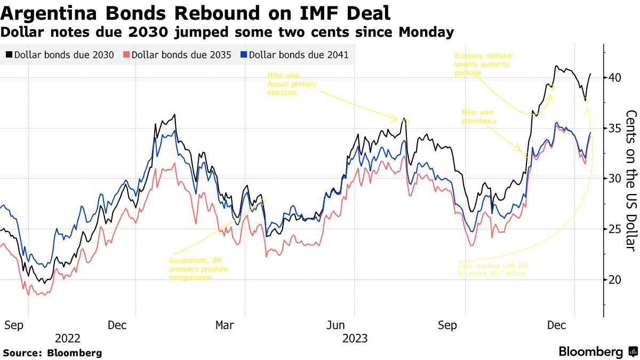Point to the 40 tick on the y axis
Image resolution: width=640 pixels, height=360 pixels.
click(615, 78)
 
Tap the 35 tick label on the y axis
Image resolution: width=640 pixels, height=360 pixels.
click(615, 128)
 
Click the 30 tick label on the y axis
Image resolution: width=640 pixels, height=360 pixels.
click(615, 179)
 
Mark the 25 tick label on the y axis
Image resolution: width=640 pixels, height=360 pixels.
click(615, 229)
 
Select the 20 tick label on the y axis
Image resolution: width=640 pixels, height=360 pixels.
click(615, 279)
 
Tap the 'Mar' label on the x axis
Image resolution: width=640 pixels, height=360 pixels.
click(225, 325)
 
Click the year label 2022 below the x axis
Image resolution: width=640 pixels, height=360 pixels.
click(68, 338)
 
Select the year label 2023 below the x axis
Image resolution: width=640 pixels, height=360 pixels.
click(355, 338)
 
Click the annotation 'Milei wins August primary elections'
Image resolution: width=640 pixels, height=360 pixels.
click(292, 84)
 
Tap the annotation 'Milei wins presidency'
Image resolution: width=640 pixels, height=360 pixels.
click(479, 117)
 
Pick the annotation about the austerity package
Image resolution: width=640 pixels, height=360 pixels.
click(482, 64)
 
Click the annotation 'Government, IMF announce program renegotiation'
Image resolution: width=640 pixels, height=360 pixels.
click(198, 269)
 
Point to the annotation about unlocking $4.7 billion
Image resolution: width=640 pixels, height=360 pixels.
click(492, 269)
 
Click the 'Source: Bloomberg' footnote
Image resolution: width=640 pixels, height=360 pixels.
click(52, 353)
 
